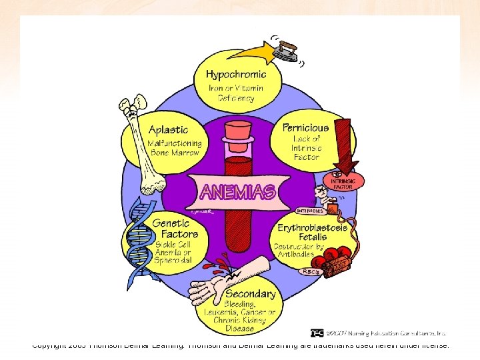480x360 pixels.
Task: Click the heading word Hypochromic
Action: click(x=235, y=74)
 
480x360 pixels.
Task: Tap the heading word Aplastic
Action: click(x=168, y=129)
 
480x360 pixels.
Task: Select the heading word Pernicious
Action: click(x=305, y=127)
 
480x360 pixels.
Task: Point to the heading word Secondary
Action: click(x=250, y=293)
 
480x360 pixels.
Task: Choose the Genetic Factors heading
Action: click(x=175, y=229)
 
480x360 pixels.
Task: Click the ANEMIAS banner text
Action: click(x=237, y=192)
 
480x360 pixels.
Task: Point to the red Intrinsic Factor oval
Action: click(x=344, y=183)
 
